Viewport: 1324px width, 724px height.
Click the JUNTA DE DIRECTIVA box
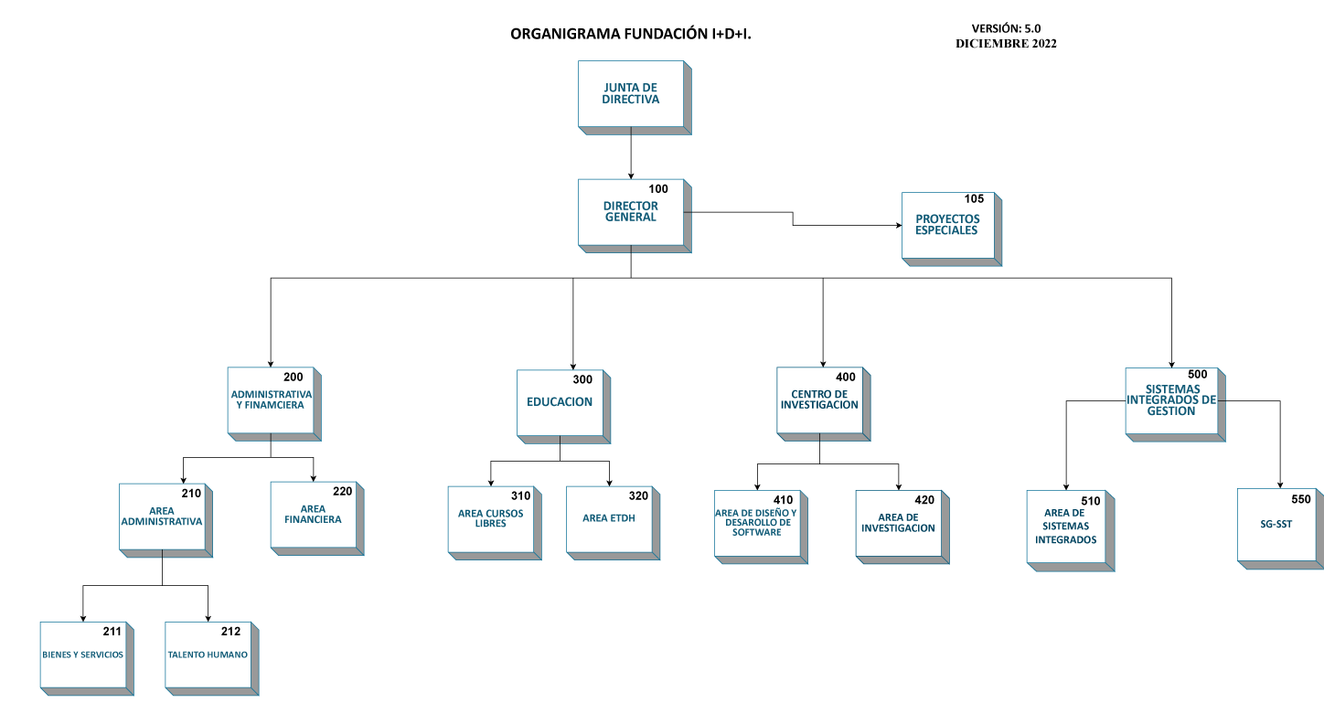tap(635, 98)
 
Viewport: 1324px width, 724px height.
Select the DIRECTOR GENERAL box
tap(635, 216)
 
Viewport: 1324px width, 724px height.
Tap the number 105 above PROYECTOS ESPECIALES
tap(974, 199)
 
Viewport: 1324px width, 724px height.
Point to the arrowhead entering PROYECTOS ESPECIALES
tap(899, 225)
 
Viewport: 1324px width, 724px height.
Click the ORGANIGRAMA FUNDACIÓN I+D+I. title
tap(631, 34)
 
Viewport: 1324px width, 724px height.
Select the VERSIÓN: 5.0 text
tap(1006, 28)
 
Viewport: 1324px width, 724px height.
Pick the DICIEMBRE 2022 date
tap(1006, 44)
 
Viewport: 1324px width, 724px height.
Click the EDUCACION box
tap(563, 407)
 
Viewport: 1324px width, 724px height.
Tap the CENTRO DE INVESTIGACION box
tap(823, 404)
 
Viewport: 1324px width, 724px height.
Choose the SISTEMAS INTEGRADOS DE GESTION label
tap(1171, 400)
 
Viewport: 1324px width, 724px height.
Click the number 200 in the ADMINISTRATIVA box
tap(294, 377)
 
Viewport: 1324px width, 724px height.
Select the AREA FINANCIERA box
tap(317, 519)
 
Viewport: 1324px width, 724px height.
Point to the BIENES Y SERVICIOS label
tap(82, 655)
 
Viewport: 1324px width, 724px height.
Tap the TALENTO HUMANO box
tap(211, 658)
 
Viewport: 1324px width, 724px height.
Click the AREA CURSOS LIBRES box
tap(495, 523)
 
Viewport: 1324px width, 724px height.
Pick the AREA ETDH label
tap(609, 518)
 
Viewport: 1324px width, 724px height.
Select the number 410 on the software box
tap(784, 500)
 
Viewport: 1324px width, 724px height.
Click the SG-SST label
tap(1276, 524)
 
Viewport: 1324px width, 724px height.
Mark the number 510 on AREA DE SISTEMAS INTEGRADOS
tap(1091, 502)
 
